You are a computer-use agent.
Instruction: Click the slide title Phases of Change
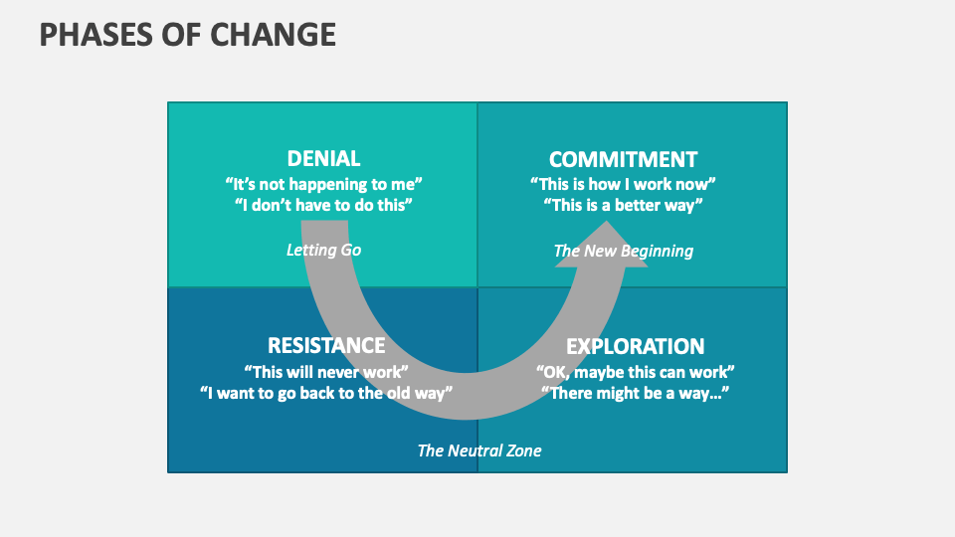pyautogui.click(x=187, y=35)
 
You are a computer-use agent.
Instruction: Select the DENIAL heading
pyautogui.click(x=323, y=159)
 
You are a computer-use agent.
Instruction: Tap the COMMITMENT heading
pyautogui.click(x=623, y=159)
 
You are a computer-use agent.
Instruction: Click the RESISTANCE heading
pyautogui.click(x=326, y=346)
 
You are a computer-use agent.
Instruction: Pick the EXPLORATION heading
pyautogui.click(x=635, y=346)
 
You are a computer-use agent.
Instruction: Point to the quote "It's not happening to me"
pyautogui.click(x=323, y=184)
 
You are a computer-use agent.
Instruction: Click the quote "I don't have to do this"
pyautogui.click(x=323, y=205)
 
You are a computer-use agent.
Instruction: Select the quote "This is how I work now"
pyautogui.click(x=623, y=184)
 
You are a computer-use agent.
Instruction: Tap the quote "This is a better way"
pyautogui.click(x=623, y=205)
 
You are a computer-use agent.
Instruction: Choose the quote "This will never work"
pyautogui.click(x=326, y=371)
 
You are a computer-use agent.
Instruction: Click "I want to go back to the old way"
pyautogui.click(x=326, y=392)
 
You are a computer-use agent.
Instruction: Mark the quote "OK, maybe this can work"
pyautogui.click(x=635, y=371)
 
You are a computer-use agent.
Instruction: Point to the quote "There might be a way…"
pyautogui.click(x=635, y=392)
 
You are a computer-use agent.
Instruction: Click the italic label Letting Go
pyautogui.click(x=323, y=250)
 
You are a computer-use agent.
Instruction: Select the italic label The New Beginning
pyautogui.click(x=623, y=251)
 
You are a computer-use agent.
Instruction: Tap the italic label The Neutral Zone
pyautogui.click(x=479, y=450)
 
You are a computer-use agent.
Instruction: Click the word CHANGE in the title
pyautogui.click(x=272, y=35)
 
